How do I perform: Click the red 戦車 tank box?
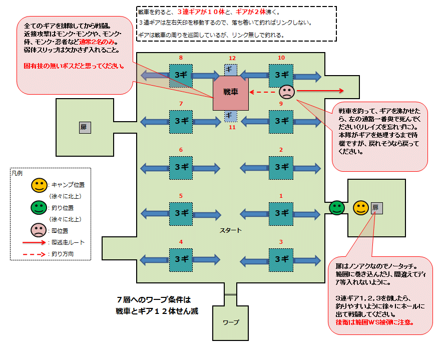coord(230,93)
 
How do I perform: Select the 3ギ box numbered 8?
coord(181,75)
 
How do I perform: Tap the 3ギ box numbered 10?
coord(281,76)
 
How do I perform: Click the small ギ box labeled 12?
coord(230,70)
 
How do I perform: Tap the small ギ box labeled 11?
coord(230,116)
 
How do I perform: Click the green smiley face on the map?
coord(337,207)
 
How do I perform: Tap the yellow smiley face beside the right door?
coord(360,207)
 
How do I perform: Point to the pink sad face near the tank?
coord(287,92)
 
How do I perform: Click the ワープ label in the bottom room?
coord(231,322)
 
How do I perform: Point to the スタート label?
coord(231,231)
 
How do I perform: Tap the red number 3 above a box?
coord(281,242)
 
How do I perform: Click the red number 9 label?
coord(281,104)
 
